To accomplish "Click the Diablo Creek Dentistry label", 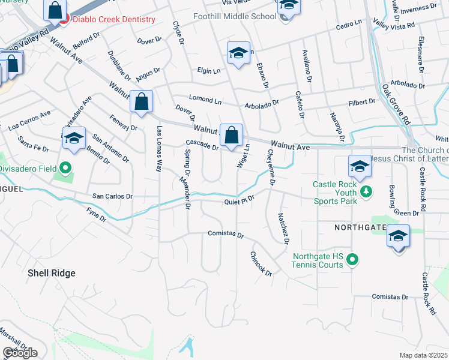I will tap(113, 19).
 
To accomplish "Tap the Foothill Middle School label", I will tap(235, 16).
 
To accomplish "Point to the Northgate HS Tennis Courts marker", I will tap(352, 259).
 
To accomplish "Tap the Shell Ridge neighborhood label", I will tap(51, 273).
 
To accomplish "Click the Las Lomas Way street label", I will tap(160, 149).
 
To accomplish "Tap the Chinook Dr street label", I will tap(261, 263).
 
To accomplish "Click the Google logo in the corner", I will tap(20, 352).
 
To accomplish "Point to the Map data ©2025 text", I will tap(424, 355).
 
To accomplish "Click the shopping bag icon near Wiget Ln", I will tap(231, 135).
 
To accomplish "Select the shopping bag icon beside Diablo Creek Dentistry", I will tap(55, 10).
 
